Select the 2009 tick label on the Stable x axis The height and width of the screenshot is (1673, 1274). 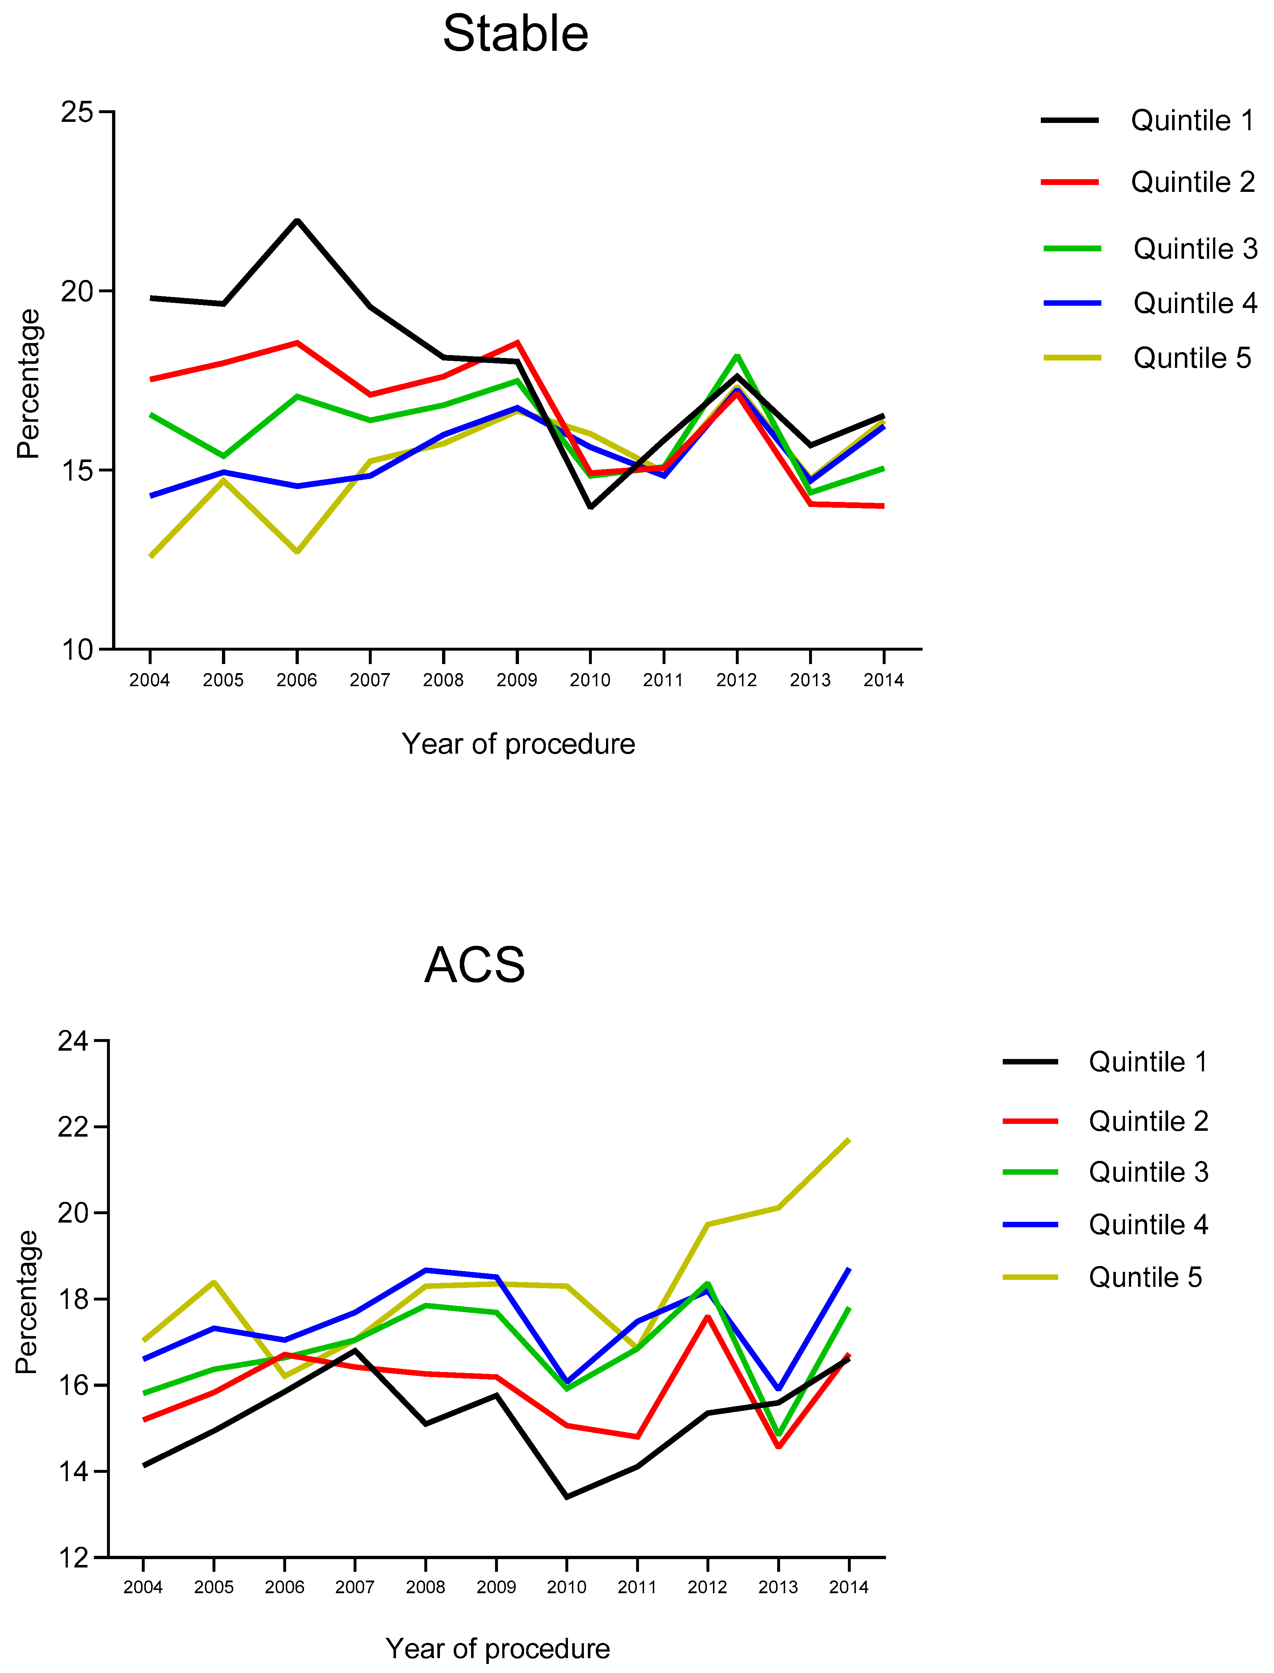[516, 680]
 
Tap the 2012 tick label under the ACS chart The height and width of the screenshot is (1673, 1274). [707, 1587]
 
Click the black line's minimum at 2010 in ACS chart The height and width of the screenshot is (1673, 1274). [566, 1497]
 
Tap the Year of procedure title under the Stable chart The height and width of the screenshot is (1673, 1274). [518, 744]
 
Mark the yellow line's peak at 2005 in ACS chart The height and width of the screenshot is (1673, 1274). [214, 1282]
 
